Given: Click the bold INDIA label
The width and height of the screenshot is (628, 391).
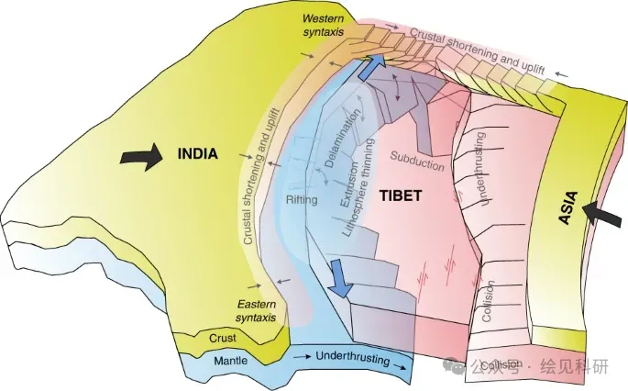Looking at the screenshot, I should tap(198, 154).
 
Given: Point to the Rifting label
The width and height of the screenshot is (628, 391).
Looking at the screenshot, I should tap(301, 199).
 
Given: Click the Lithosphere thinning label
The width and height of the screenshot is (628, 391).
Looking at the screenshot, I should tap(358, 188).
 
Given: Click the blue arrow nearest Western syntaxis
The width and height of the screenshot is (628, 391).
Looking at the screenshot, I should tap(371, 67).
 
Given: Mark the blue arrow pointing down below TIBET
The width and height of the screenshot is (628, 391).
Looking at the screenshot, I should tap(338, 277).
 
